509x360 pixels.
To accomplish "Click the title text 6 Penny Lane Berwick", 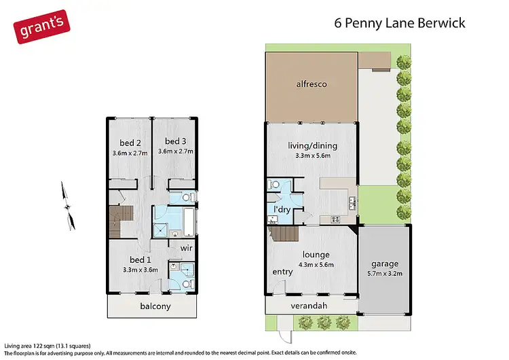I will click(x=400, y=23).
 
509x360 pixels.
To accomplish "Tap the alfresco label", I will click(x=312, y=84).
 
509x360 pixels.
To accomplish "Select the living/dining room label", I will click(x=313, y=145).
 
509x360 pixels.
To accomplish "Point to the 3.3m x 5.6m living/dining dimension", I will click(x=313, y=156).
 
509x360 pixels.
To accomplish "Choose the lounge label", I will click(x=313, y=255).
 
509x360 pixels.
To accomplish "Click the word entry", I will click(x=282, y=272).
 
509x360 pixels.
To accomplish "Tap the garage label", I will click(x=385, y=264).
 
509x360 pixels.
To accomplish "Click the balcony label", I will click(x=155, y=306).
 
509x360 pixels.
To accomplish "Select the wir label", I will click(x=187, y=248).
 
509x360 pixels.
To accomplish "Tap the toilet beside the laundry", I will click(x=275, y=185).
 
